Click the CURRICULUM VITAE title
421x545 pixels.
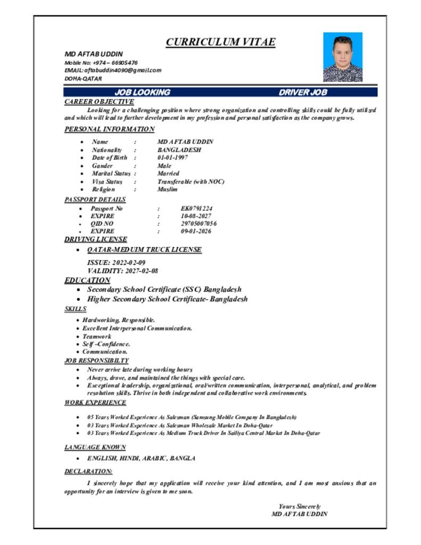pos(220,42)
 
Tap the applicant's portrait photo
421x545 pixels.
pos(343,57)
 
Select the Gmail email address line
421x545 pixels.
pos(113,70)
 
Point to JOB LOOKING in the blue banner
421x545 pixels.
pos(142,93)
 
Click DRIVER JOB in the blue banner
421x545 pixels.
pos(303,93)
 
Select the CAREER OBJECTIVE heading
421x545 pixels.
pos(99,102)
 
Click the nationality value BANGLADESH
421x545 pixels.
pos(179,150)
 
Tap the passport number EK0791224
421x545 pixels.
pos(197,209)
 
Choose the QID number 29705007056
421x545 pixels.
pos(199,224)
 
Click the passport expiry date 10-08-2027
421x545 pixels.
pos(196,216)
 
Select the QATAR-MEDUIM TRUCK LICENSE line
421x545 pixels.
pos(144,250)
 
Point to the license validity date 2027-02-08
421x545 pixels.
pos(141,271)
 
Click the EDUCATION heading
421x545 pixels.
pos(87,280)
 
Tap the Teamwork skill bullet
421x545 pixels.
pos(97,336)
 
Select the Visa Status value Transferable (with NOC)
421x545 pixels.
pos(191,181)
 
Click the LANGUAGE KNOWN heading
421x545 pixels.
pos(95,448)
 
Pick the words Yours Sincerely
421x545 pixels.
pos(300,506)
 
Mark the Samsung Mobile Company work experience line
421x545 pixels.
pos(192,417)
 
